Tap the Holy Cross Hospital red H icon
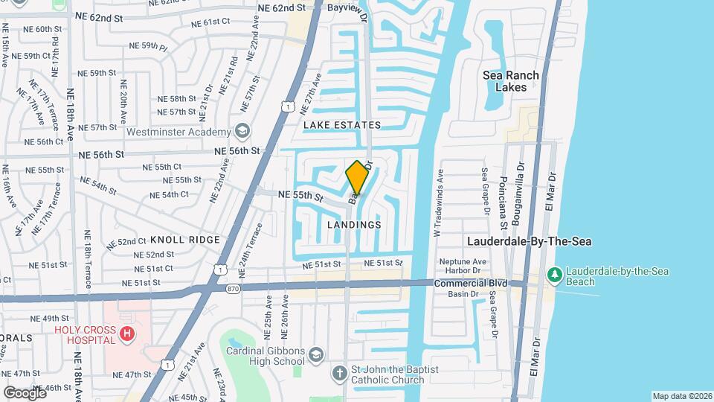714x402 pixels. point(127,333)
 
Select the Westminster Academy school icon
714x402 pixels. point(242,132)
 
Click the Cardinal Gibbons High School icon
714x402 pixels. point(316,353)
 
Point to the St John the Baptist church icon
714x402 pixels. point(339,373)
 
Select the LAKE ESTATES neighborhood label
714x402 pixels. point(342,125)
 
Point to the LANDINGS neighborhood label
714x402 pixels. point(354,224)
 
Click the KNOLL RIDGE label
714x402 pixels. point(185,240)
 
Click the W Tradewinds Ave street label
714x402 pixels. point(438,202)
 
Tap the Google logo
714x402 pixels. point(25,392)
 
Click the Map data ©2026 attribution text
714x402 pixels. point(681,396)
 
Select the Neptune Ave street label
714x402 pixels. point(463,261)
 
